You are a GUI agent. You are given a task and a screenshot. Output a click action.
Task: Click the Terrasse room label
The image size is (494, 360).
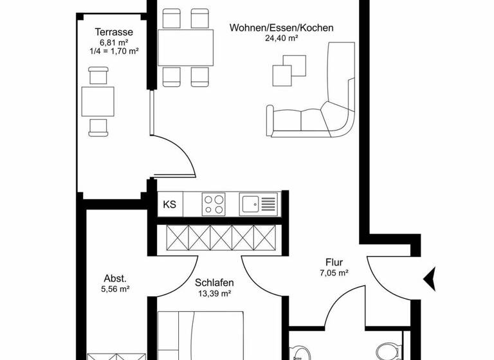coord(113,32)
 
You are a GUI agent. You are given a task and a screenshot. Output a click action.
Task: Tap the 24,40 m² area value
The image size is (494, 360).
coord(281,38)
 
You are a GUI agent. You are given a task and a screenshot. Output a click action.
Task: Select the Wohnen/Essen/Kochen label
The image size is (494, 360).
coord(282,28)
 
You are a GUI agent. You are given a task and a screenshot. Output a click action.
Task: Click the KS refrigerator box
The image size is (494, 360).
coord(170,205)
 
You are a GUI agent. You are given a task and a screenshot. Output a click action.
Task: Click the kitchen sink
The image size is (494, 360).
coord(259,205)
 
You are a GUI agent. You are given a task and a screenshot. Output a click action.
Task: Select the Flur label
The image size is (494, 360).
coord(334,262)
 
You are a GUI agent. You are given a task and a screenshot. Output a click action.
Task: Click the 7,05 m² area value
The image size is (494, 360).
coord(334,273)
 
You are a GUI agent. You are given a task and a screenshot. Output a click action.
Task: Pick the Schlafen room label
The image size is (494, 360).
coord(214,283)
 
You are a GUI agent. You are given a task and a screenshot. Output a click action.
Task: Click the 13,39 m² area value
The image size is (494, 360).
coord(214,293)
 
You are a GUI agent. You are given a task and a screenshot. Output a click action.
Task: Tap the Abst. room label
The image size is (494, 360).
coord(115,278)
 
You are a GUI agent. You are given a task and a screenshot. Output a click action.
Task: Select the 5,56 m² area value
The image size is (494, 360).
coord(116,289)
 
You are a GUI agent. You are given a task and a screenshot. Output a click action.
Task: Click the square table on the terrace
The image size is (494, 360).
coord(98,101)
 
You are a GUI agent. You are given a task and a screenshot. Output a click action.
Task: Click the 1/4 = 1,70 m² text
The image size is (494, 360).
coord(114,50)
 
